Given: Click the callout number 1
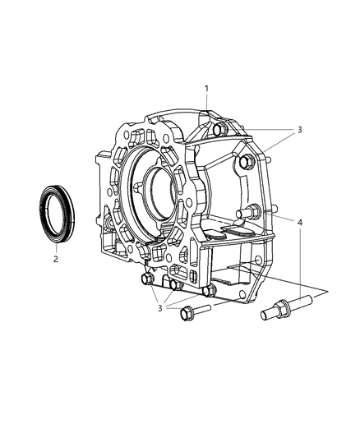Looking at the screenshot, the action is (x=206, y=89).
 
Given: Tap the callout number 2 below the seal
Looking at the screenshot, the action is (x=56, y=259).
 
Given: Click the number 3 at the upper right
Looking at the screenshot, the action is (x=299, y=130).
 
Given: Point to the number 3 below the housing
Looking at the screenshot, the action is (x=159, y=308).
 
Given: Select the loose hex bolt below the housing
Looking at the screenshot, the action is (x=196, y=311).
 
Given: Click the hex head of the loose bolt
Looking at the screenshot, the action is (x=186, y=314).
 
